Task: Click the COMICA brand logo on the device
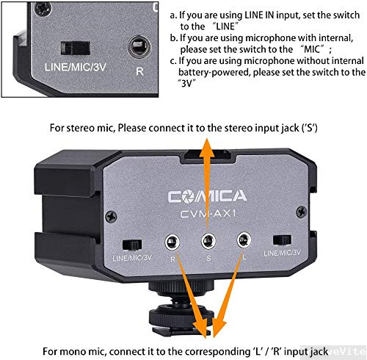208,197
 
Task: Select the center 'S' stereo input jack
208,240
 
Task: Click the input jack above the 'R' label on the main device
174,240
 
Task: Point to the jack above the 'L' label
243,240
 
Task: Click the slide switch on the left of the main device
133,243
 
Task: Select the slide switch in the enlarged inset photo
76,48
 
